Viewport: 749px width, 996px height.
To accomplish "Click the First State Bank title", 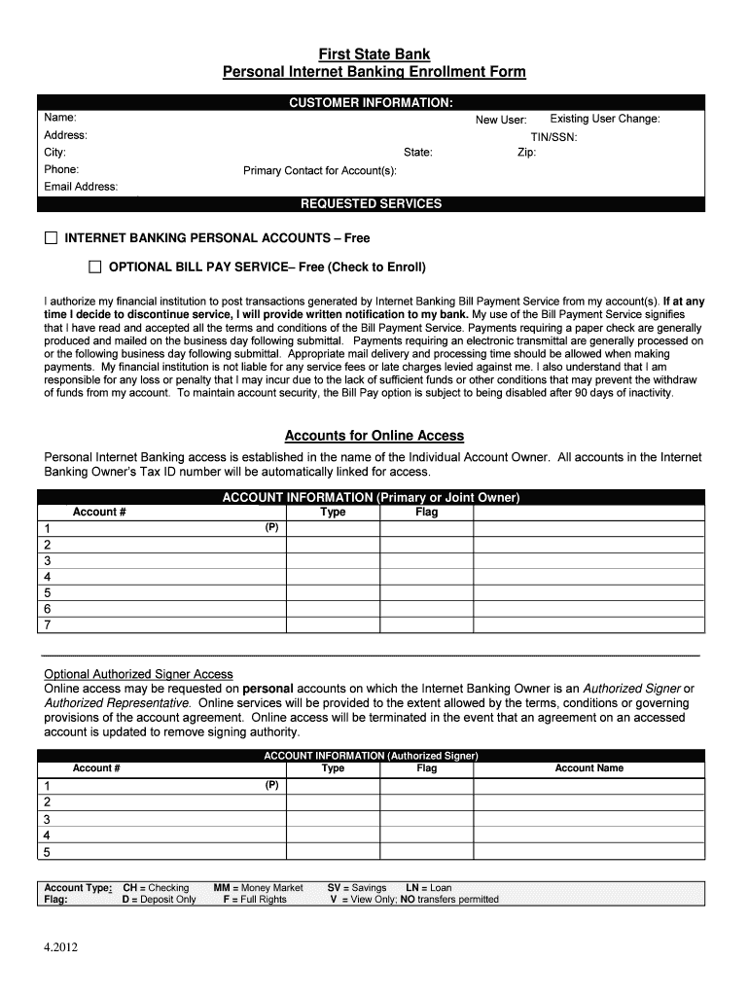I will click(374, 54).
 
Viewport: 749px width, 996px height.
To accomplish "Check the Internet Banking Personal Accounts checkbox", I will click(51, 238).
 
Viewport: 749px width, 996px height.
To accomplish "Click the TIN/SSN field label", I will click(553, 137).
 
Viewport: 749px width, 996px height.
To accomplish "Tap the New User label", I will click(500, 120).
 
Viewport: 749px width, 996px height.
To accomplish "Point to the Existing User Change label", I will click(604, 119).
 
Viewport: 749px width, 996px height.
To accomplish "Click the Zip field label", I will click(526, 153).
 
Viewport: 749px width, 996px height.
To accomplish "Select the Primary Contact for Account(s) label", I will click(320, 171).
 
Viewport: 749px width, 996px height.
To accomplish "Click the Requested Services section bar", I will click(371, 204).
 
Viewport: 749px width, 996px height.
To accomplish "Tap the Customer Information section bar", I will click(371, 102).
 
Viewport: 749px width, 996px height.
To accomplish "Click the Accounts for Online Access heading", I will click(374, 436).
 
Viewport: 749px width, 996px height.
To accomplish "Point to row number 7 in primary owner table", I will click(47, 624).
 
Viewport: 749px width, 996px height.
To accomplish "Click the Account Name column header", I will click(588, 768).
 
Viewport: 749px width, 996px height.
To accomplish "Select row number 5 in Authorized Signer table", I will click(47, 852).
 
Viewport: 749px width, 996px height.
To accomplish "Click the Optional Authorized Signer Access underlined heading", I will click(139, 674).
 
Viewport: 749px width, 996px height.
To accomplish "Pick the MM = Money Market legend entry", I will click(258, 888).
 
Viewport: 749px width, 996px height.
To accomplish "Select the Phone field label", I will click(61, 169).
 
